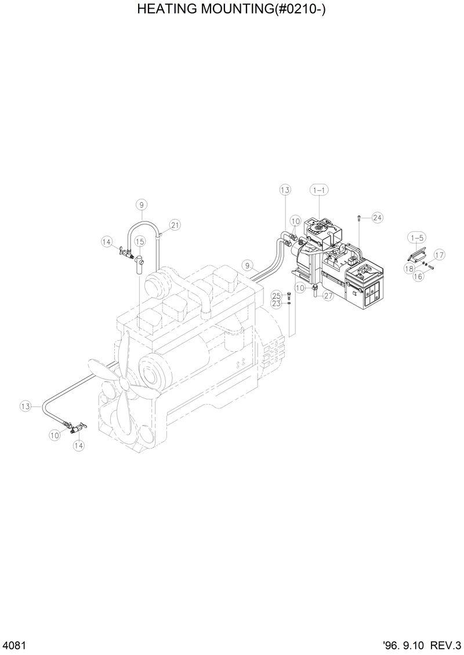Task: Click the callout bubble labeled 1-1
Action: [319, 190]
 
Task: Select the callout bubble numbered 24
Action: [378, 218]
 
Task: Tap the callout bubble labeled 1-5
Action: [416, 238]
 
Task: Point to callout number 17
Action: [439, 254]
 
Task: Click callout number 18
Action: [410, 268]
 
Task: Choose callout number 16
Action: [418, 277]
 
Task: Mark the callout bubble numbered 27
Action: [328, 296]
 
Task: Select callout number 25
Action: [277, 296]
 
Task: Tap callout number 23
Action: [277, 303]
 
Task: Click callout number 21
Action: [175, 224]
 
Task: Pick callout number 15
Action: [140, 241]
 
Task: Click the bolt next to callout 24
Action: [360, 218]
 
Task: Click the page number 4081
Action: [13, 645]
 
